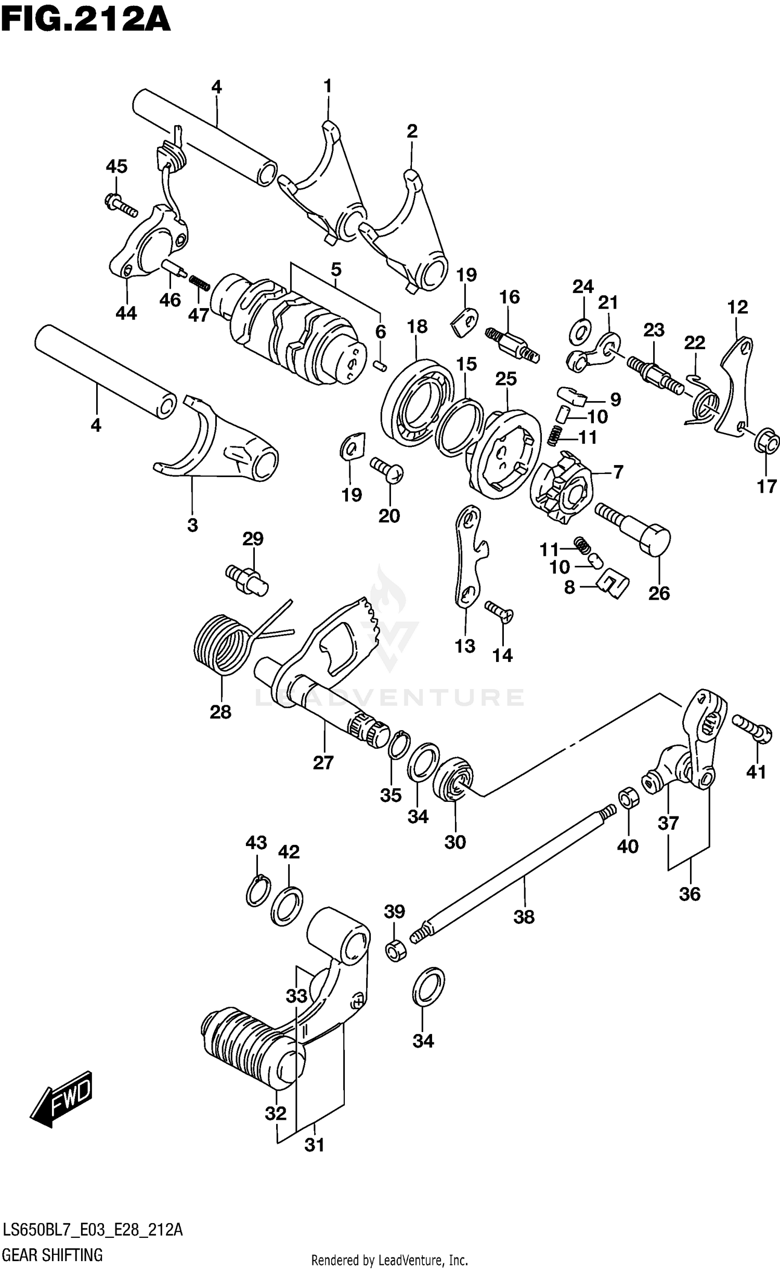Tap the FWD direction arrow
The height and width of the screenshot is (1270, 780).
(x=61, y=1100)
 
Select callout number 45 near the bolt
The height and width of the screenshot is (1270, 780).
(x=116, y=167)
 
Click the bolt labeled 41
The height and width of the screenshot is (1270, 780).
(x=750, y=726)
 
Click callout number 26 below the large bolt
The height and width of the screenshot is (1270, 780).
(x=659, y=593)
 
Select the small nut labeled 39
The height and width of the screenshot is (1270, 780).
(x=395, y=950)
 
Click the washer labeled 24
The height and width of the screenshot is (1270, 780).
(x=581, y=331)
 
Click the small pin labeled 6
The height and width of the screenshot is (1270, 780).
(x=380, y=365)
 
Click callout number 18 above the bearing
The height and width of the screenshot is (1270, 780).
(x=418, y=326)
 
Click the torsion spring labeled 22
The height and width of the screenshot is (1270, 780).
(x=705, y=401)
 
